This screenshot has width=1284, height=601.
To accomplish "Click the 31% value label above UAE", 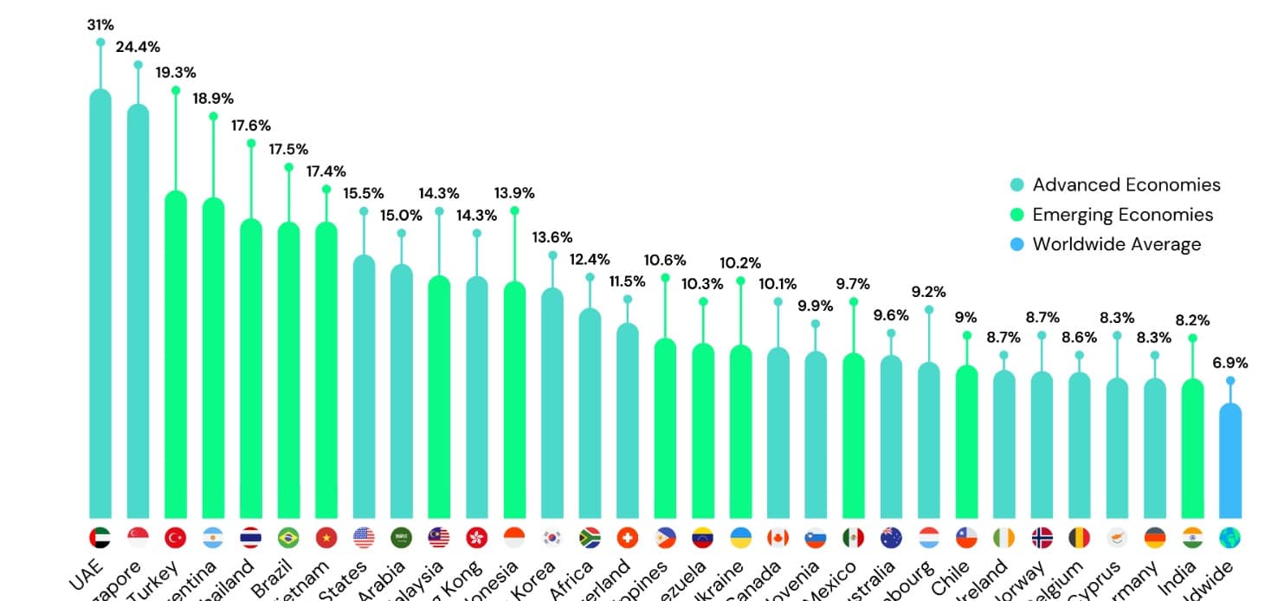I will (100, 25).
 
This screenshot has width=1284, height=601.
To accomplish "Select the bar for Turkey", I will (176, 355).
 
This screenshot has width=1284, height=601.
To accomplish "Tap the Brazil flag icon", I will (288, 538).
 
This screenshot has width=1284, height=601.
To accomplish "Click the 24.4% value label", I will (138, 47).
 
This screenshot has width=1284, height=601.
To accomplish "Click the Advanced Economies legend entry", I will (1126, 184).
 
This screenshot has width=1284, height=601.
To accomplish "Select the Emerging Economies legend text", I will (1122, 215).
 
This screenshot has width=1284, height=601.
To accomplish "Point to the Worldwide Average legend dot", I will (1017, 244).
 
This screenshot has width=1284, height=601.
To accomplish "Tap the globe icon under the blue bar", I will (1229, 538).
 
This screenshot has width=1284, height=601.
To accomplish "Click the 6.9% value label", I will (1229, 363).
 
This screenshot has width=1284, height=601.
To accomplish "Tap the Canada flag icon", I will (777, 538).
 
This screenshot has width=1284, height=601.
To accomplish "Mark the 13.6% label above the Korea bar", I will (552, 237).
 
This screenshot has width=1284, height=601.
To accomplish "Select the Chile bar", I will (966, 442).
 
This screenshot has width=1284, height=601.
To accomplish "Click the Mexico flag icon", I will (853, 538).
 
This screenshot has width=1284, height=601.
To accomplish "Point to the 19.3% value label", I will (176, 73).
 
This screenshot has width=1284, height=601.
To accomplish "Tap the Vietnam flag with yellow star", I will (326, 538).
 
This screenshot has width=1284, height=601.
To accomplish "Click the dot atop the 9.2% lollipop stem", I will (929, 310).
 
